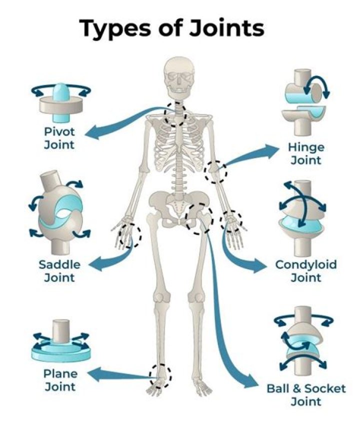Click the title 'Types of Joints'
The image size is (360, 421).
pos(172,28)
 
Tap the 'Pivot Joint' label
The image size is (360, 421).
pos(58,138)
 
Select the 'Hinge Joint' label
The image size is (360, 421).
pos(305,153)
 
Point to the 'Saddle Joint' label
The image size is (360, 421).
pos(59,270)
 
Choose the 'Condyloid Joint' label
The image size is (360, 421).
pos(305,270)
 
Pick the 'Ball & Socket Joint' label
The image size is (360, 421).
pos(305,394)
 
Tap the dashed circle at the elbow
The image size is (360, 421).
pos(216,171)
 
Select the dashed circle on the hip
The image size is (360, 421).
pos(198,218)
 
